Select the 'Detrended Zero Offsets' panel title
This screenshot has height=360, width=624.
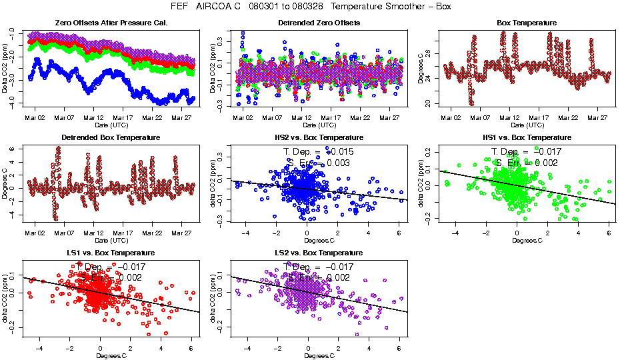pyautogui.click(x=319, y=23)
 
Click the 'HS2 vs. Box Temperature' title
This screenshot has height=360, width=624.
pyautogui.click(x=319, y=138)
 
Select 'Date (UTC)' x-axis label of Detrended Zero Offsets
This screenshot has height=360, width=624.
pyautogui.click(x=319, y=125)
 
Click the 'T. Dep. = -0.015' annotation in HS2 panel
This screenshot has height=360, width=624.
pyautogui.click(x=319, y=152)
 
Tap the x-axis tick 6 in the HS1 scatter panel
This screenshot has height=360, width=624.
pyautogui.click(x=608, y=233)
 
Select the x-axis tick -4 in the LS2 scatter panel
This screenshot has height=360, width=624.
pyautogui.click(x=247, y=348)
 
